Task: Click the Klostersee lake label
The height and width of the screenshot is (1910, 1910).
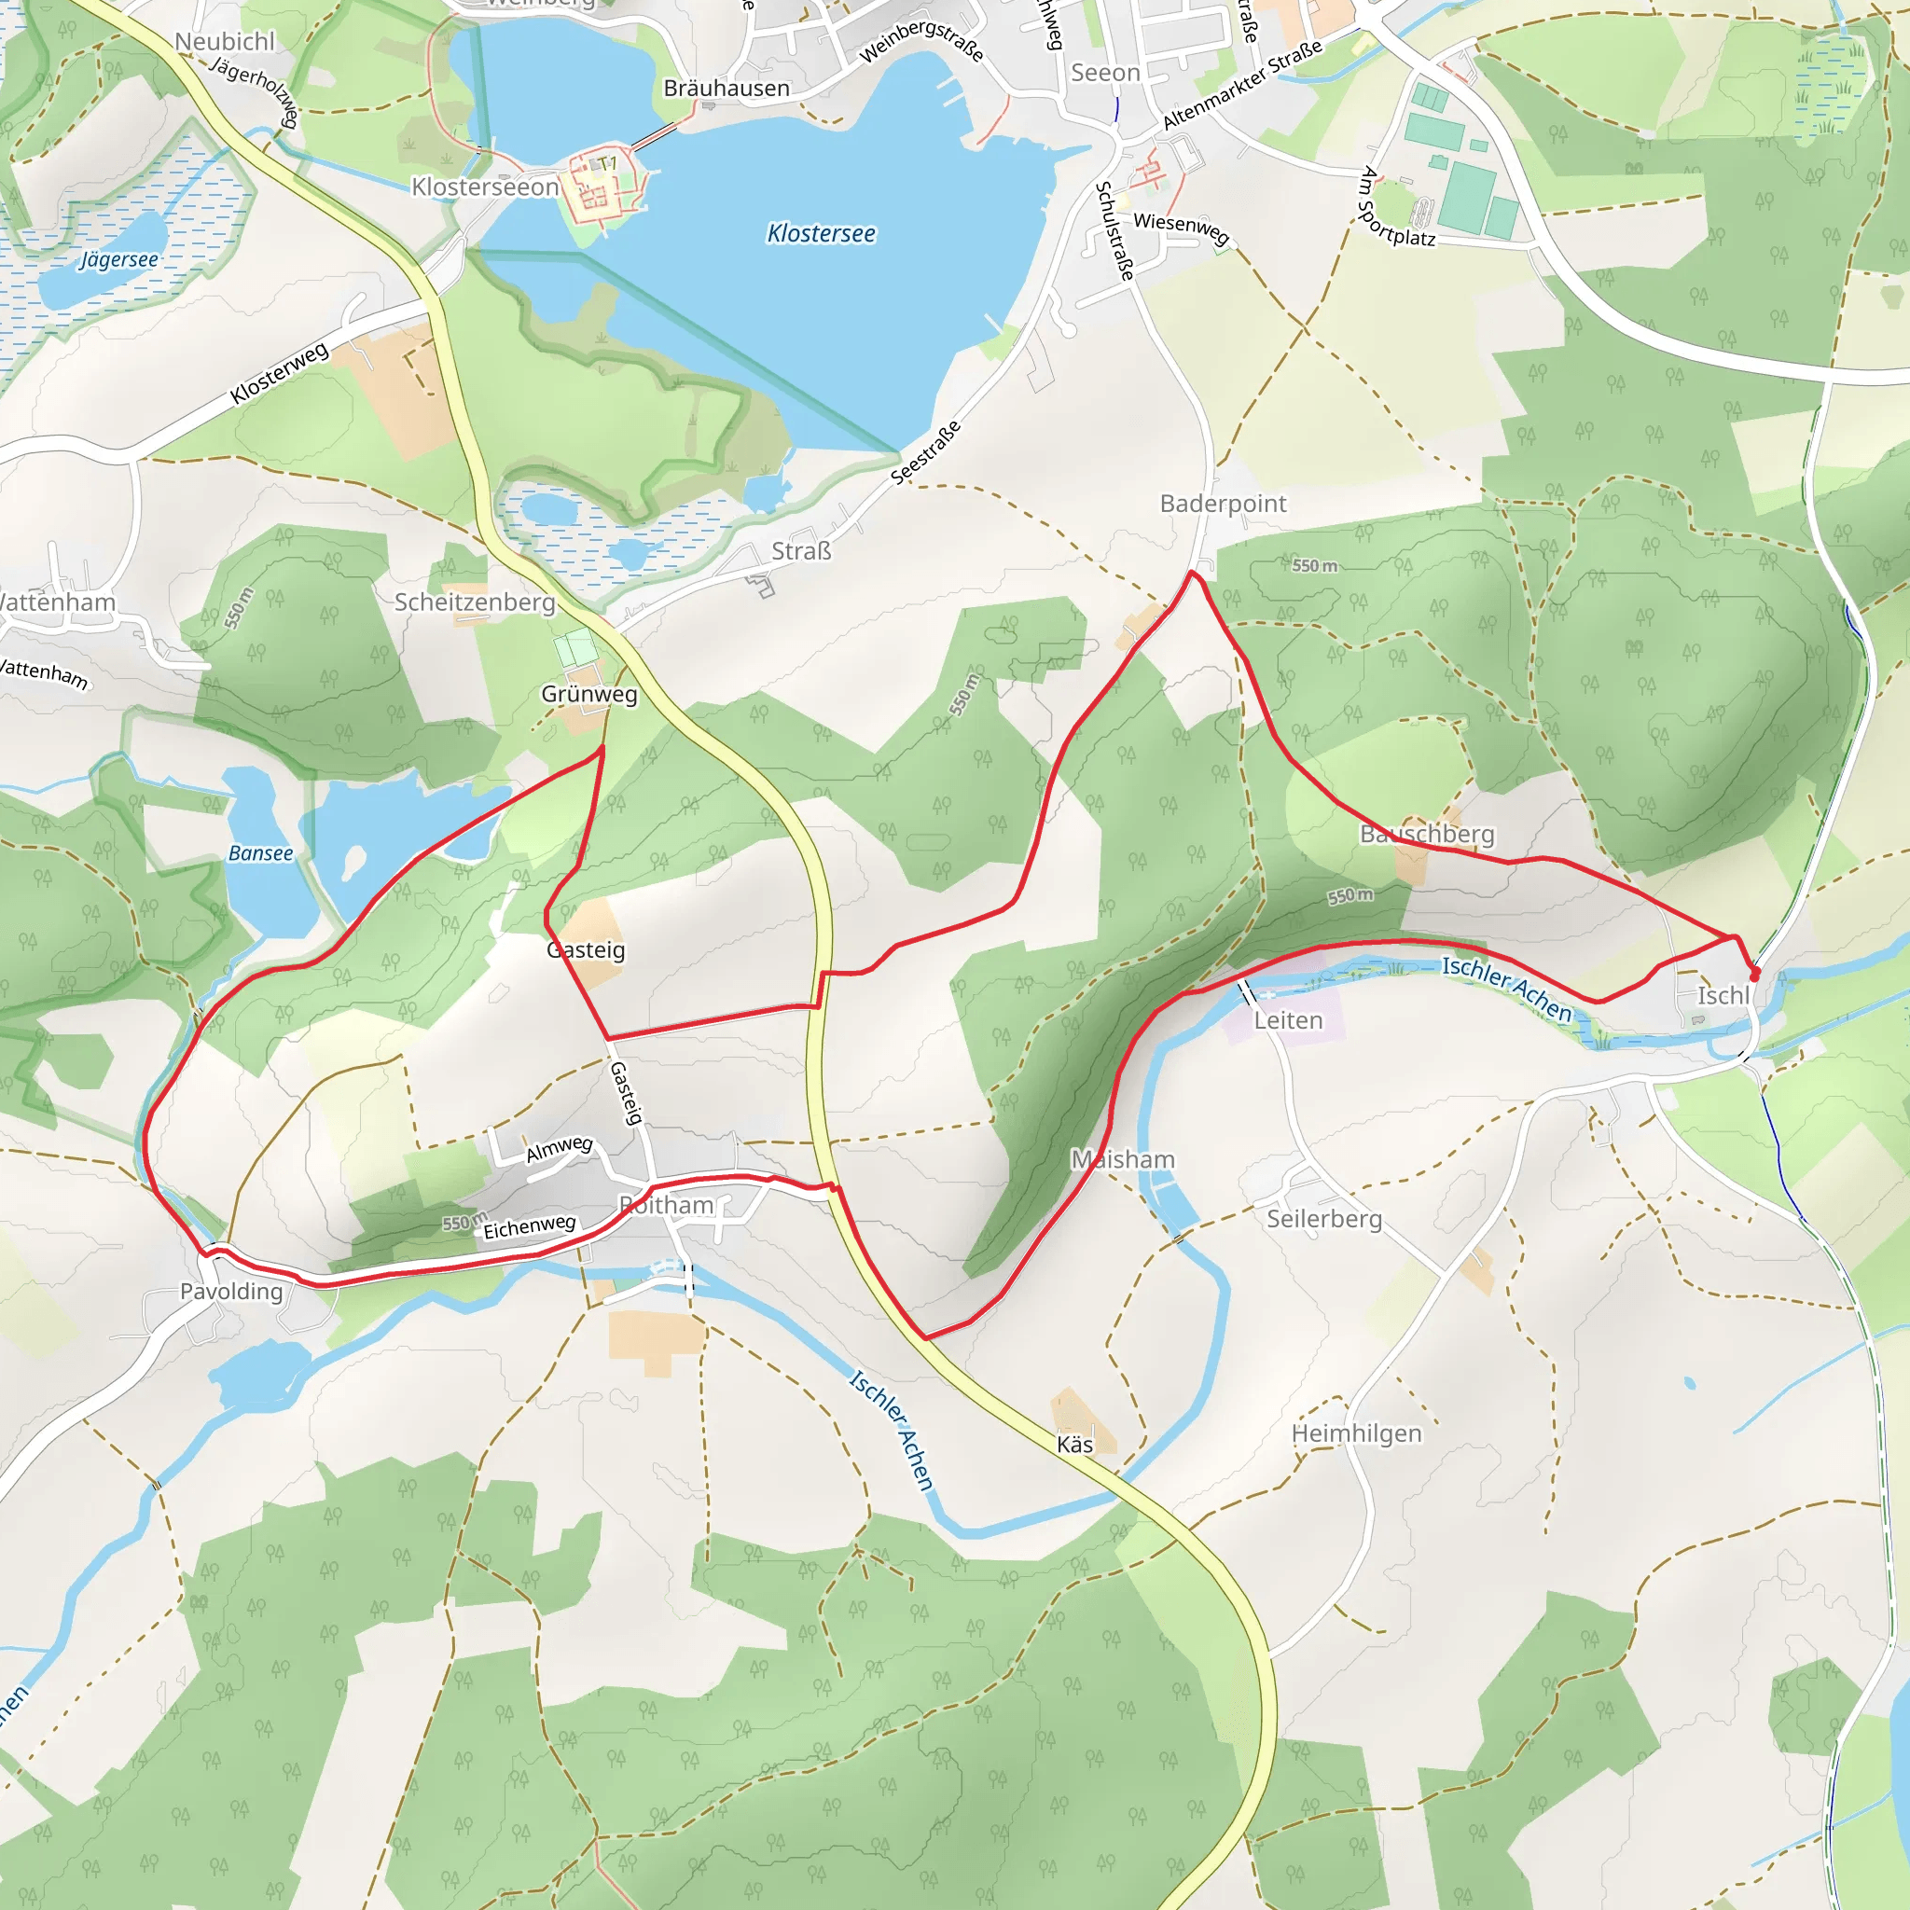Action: [822, 233]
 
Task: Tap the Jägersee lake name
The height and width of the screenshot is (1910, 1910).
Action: [118, 259]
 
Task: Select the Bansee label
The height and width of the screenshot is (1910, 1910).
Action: [260, 853]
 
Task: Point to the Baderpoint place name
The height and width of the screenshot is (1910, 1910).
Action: [1223, 504]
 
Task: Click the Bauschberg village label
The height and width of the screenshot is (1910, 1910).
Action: [1427, 834]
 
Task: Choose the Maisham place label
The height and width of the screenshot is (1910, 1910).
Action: [1123, 1158]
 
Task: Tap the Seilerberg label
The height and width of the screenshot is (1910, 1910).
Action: [1323, 1218]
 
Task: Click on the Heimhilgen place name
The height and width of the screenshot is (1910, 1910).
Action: [1356, 1432]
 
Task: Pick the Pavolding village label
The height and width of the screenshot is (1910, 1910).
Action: [231, 1291]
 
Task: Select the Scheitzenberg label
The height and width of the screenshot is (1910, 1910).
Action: [475, 602]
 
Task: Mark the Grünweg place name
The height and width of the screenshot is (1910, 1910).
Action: [589, 693]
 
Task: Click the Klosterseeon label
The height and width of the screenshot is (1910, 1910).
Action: [484, 187]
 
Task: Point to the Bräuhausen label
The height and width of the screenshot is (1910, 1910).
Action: [727, 88]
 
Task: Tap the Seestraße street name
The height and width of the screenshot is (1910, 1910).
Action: [925, 452]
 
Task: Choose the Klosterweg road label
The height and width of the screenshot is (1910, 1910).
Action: [279, 374]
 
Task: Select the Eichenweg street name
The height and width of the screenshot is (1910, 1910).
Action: [529, 1225]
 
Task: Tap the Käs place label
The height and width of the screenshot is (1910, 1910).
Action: [1074, 1445]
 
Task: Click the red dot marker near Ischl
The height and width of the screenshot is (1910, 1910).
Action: [1755, 976]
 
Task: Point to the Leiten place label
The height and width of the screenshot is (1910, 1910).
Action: [1288, 1020]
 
